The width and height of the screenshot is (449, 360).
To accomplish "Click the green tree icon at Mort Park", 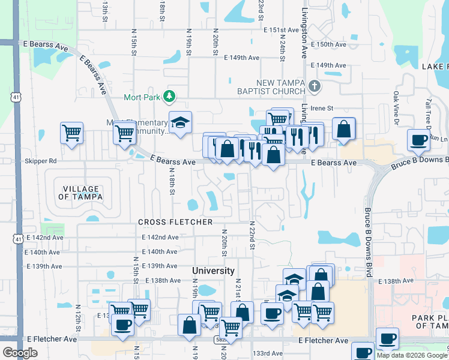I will pos(170,96).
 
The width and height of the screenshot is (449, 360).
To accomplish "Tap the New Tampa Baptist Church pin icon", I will pos(315,86).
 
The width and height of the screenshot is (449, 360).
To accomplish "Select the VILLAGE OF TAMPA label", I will pos(80,192).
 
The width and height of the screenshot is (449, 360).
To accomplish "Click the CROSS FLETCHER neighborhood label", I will pos(175,222).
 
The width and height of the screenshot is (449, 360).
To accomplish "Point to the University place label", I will pos(213,271).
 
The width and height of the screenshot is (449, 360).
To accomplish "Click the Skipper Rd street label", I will pos(41,161).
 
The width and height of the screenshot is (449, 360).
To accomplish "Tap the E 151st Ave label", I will pos(281,29).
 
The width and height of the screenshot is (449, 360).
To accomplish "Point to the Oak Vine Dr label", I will pos(396,108).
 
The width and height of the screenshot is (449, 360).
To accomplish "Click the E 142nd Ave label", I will pos(45,238).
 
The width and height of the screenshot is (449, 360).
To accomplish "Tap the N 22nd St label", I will pos(252,235).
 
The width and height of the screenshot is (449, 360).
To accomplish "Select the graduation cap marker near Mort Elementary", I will pos(180,123).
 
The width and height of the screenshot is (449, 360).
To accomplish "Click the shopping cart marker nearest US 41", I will pos(72,132).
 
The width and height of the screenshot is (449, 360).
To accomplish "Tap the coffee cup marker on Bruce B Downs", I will pos(418,140).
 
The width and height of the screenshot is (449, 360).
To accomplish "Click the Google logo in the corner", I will pos(20,353).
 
